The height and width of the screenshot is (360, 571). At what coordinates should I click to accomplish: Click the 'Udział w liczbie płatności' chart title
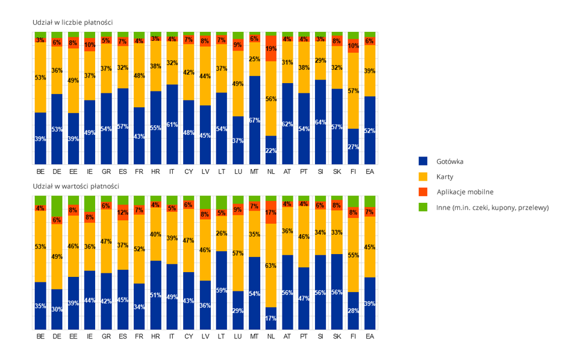73,22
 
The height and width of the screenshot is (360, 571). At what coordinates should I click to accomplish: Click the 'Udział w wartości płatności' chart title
76,186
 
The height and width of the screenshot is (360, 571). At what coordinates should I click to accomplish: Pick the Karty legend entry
445,177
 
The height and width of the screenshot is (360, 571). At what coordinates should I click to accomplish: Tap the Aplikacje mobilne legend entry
464,192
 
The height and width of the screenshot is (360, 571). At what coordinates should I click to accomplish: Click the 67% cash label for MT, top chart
254,120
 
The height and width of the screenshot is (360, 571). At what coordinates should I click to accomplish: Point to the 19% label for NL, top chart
270,49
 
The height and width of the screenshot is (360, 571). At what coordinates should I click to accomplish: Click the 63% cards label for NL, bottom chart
270,265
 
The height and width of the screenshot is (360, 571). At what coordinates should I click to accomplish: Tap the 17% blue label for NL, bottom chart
270,318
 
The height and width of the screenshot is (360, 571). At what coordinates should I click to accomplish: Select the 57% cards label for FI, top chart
353,92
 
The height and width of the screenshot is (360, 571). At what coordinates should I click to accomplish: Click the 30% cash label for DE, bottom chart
57,309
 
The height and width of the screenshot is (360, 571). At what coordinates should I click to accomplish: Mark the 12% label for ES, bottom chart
123,213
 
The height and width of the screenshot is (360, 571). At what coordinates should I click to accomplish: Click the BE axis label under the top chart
40,172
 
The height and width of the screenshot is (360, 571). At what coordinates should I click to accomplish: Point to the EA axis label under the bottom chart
369,337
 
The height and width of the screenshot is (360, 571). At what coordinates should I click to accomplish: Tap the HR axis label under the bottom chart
155,337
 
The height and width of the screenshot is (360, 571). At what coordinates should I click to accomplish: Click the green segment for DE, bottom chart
57,206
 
